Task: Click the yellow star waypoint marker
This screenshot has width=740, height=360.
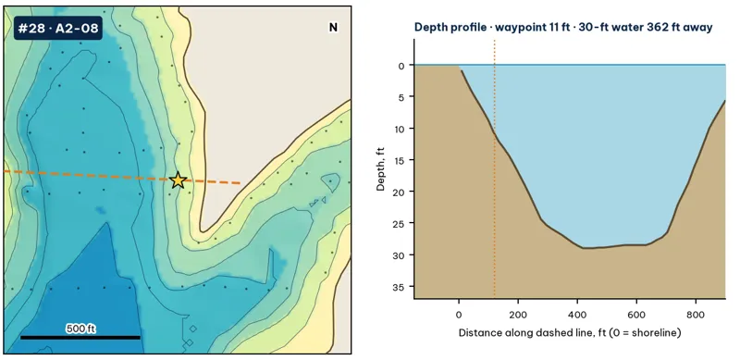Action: (x=178, y=180)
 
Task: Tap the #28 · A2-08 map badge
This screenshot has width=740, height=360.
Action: (x=58, y=29)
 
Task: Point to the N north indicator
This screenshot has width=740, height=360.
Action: (x=333, y=28)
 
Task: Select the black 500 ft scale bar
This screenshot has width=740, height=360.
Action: (x=80, y=337)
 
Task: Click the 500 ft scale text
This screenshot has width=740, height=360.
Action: (x=80, y=329)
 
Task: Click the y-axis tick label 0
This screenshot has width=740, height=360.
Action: (x=401, y=66)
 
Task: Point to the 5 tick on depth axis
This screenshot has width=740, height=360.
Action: (x=401, y=97)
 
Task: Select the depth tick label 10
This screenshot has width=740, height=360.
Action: (x=399, y=129)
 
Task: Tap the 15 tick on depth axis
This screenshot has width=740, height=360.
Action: (x=399, y=160)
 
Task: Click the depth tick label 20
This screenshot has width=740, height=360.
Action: (x=399, y=192)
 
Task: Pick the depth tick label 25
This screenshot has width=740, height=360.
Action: (x=399, y=223)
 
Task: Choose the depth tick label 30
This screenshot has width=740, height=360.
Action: (x=399, y=255)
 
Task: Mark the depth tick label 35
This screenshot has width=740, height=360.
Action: (x=399, y=287)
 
